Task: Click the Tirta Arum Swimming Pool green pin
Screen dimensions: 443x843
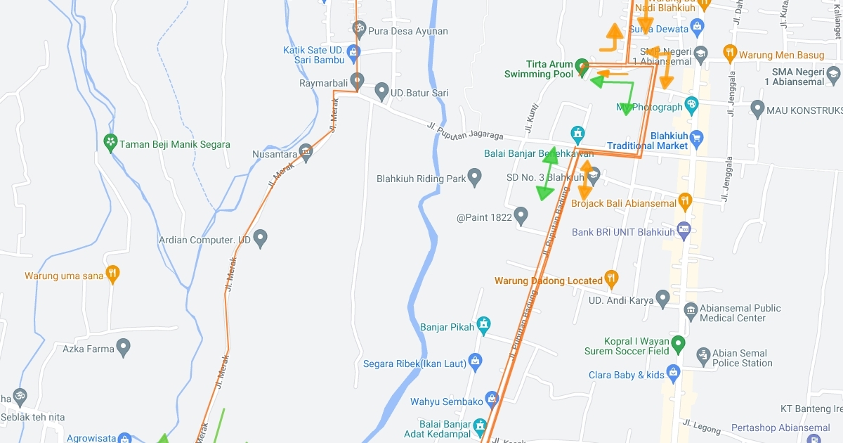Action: [582, 68]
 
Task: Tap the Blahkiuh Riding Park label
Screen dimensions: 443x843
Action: [421, 179]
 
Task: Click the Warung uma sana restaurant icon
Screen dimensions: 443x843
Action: [112, 275]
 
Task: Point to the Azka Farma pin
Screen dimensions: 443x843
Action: [124, 347]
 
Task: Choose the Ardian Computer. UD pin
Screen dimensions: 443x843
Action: [261, 238]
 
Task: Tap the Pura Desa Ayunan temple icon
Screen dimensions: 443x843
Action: [359, 30]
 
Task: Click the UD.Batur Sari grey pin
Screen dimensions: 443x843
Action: [381, 91]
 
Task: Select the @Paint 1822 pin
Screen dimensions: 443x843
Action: [521, 216]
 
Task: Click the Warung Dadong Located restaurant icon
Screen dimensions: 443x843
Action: [611, 279]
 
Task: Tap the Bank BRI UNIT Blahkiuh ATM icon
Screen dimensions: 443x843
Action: [684, 231]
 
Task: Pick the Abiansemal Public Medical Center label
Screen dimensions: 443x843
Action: [740, 313]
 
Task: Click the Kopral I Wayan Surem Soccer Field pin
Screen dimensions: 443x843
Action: [678, 344]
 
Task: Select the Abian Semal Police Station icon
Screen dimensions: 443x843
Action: [702, 357]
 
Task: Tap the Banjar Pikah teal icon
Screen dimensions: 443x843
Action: [483, 326]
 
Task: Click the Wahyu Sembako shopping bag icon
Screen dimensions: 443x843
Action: [492, 400]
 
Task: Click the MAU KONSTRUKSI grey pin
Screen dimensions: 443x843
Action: [757, 109]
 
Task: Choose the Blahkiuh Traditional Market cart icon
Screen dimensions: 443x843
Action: [696, 137]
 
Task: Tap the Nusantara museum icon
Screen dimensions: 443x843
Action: [305, 152]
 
